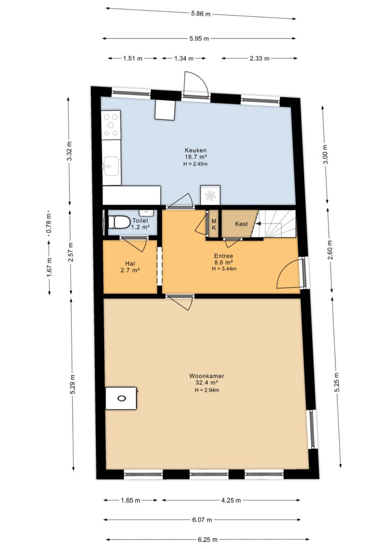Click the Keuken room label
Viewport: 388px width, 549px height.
196,150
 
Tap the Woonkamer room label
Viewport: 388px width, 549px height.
207,376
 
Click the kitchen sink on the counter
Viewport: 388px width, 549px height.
111,166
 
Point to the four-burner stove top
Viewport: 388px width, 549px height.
111,125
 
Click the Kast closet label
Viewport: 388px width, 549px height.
241,224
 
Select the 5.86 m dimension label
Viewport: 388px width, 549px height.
201,14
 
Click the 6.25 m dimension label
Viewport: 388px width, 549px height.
208,539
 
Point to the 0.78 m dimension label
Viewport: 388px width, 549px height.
50,224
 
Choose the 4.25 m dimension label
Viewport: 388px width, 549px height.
231,500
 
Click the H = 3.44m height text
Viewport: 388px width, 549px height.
224,269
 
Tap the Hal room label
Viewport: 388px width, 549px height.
130,264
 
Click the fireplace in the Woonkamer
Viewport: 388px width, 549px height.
121,398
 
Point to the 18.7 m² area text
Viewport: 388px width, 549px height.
196,157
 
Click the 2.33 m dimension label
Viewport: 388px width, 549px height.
259,59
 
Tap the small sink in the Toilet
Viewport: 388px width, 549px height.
146,212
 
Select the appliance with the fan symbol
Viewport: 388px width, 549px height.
210,195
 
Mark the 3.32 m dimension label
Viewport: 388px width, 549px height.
69,151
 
